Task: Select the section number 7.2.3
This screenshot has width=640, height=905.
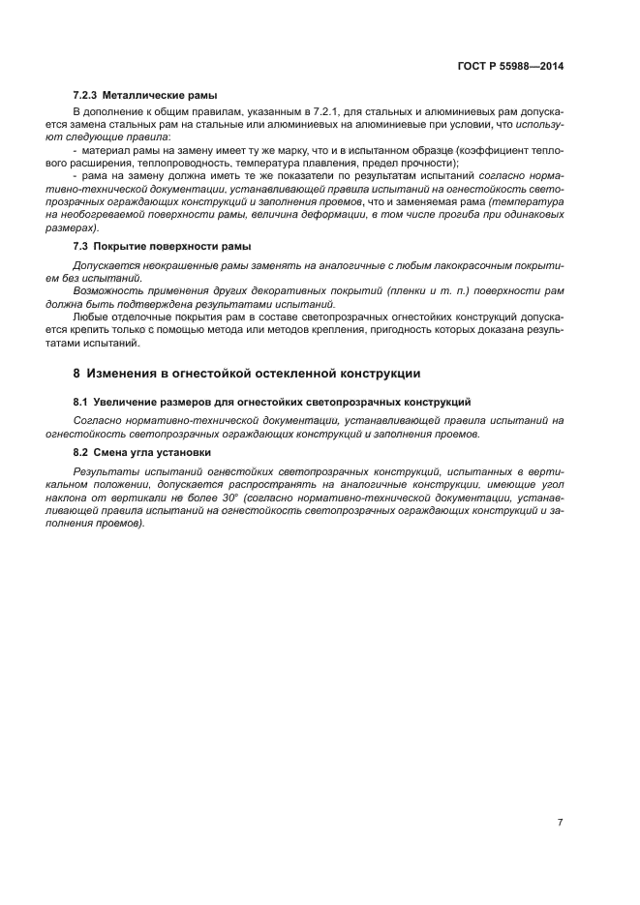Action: (87, 96)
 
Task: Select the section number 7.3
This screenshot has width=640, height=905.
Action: (81, 247)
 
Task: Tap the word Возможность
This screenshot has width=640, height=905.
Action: (107, 290)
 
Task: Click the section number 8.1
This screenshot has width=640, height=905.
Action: (81, 401)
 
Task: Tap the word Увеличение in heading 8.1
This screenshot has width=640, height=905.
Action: (129, 401)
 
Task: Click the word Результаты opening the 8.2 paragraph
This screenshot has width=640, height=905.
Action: (105, 471)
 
